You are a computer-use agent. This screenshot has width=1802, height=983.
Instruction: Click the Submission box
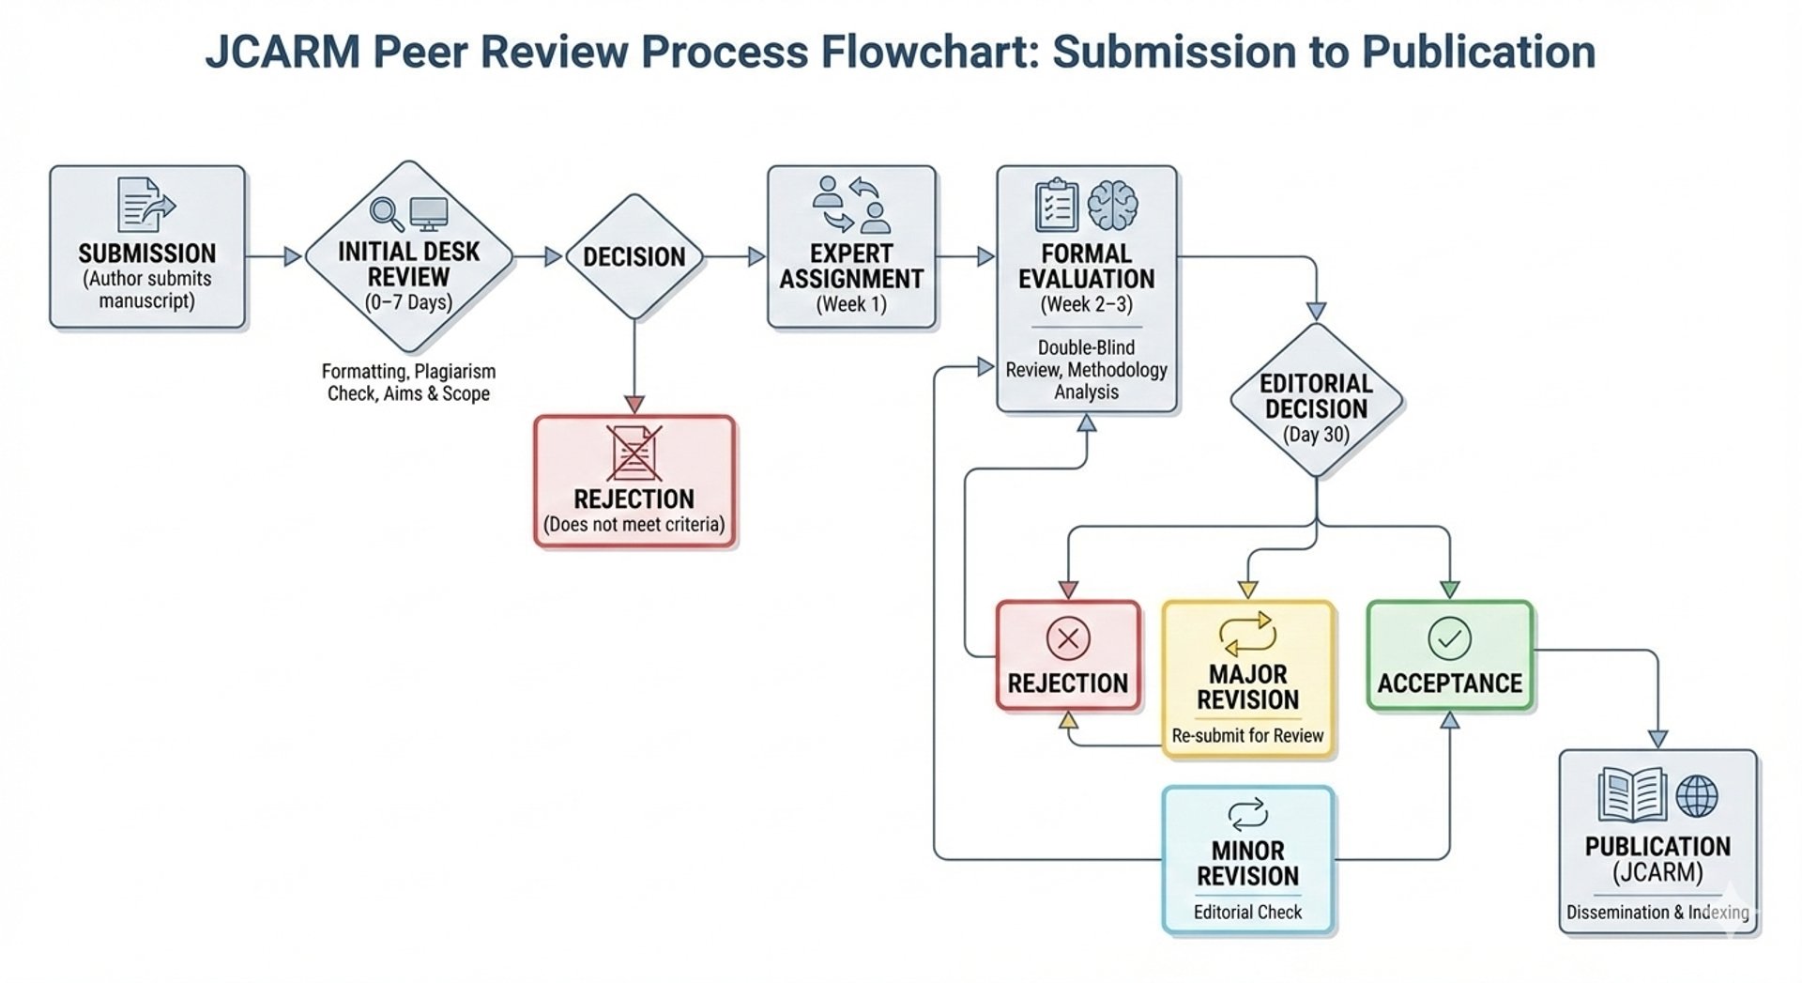pyautogui.click(x=147, y=247)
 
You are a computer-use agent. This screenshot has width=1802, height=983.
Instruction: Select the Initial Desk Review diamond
pyautogui.click(x=408, y=256)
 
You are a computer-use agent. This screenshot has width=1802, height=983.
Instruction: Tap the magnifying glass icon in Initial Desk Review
pyautogui.click(x=386, y=214)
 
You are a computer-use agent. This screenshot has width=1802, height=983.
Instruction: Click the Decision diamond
pyautogui.click(x=634, y=256)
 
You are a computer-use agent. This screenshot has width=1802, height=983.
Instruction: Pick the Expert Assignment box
pyautogui.click(x=851, y=247)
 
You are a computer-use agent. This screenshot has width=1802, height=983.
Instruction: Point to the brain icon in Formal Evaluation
pyautogui.click(x=1112, y=206)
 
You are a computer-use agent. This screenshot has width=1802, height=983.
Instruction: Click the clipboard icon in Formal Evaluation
pyautogui.click(x=1056, y=205)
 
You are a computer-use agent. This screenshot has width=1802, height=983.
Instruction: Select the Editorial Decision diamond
pyautogui.click(x=1316, y=400)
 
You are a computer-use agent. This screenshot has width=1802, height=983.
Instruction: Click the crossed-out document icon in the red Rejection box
pyautogui.click(x=634, y=453)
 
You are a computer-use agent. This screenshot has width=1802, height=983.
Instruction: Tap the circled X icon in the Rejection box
pyautogui.click(x=1068, y=638)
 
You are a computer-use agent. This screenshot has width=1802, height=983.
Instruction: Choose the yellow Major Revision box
pyautogui.click(x=1247, y=679)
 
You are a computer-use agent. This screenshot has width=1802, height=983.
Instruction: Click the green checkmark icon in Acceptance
pyautogui.click(x=1449, y=638)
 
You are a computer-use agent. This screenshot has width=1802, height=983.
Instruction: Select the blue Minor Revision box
pyautogui.click(x=1247, y=859)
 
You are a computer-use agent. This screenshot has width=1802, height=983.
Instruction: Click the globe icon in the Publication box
pyautogui.click(x=1697, y=796)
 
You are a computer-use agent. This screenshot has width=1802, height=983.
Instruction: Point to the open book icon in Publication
pyautogui.click(x=1633, y=794)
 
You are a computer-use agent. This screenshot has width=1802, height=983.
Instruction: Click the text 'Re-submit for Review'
pyautogui.click(x=1247, y=735)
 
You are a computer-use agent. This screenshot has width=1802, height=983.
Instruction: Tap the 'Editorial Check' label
pyautogui.click(x=1247, y=912)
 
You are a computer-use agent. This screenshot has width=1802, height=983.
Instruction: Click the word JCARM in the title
pyautogui.click(x=283, y=52)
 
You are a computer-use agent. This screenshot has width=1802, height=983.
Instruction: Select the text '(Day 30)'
pyautogui.click(x=1316, y=435)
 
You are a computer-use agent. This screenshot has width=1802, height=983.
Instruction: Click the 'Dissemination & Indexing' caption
pyautogui.click(x=1657, y=912)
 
